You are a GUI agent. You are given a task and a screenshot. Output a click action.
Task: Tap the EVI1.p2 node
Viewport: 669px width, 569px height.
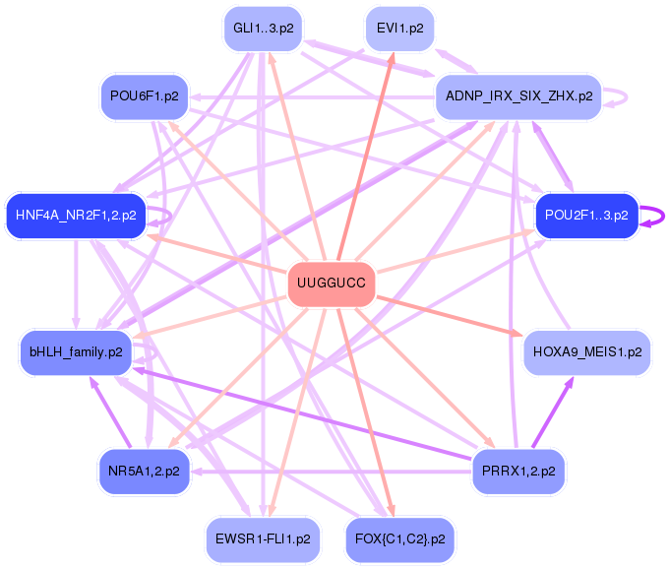(x=400, y=29)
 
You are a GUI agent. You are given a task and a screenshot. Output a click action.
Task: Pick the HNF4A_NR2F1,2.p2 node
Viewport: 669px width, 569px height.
(x=76, y=215)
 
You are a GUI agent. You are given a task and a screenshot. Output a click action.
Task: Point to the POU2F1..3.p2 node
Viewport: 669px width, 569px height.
(x=586, y=216)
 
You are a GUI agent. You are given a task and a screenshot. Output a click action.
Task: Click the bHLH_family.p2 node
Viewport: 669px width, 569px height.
(x=76, y=351)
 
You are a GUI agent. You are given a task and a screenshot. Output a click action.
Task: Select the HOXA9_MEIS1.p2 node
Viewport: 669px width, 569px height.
(x=586, y=351)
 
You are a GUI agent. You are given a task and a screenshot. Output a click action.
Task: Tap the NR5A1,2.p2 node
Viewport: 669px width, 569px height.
(x=145, y=471)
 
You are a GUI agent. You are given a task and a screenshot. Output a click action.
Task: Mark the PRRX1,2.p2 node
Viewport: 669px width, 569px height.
(x=518, y=471)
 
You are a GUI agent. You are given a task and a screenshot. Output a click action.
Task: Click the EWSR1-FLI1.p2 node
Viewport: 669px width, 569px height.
(x=262, y=539)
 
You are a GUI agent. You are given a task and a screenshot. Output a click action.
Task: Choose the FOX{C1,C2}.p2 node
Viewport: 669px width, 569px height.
(x=400, y=539)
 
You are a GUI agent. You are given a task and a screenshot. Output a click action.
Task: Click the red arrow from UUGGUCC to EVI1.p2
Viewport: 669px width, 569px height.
(x=366, y=158)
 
